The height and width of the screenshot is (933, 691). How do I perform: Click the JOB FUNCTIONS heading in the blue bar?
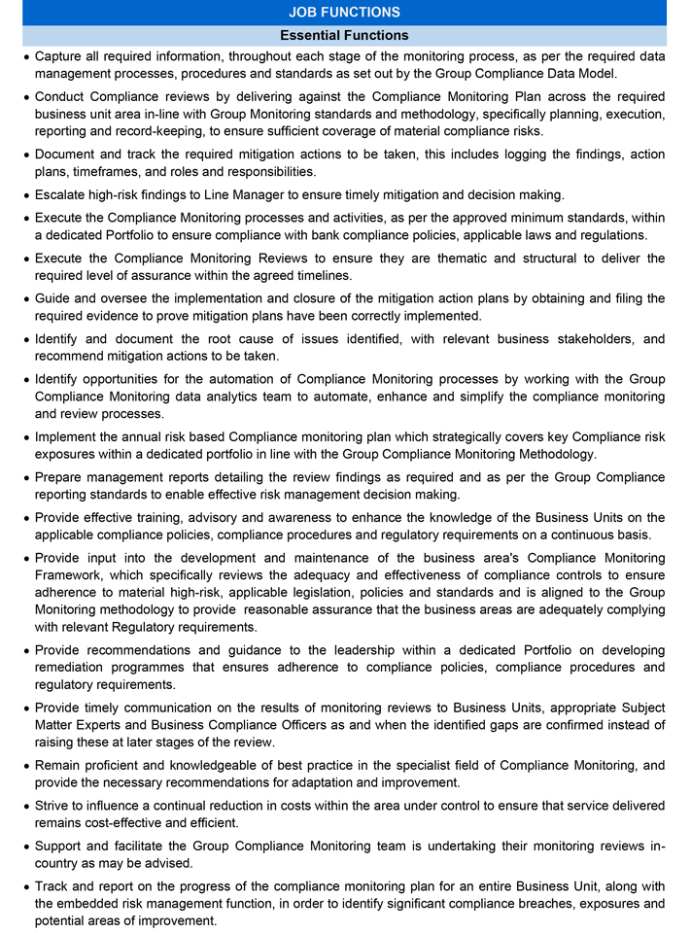344,13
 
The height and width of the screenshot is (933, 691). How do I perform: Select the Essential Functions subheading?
344,35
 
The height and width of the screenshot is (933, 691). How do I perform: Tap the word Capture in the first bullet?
59,56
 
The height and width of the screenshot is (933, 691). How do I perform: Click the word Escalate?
61,194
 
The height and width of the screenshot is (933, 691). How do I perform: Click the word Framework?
69,575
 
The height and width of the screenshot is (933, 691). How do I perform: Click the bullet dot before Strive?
24,807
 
